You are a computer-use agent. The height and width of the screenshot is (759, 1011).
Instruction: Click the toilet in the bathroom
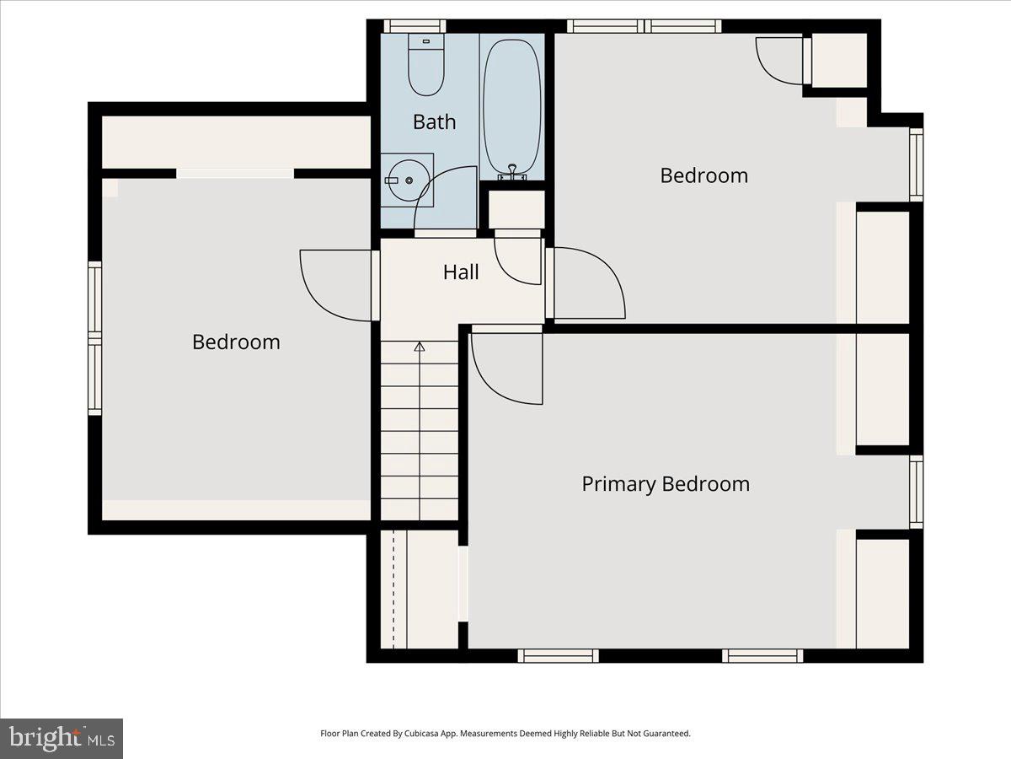[425, 66]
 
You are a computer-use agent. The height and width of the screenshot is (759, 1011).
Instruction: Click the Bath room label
[434, 122]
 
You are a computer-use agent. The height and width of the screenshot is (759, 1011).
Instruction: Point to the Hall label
[461, 272]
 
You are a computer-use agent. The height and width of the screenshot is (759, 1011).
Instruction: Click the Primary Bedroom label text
[665, 484]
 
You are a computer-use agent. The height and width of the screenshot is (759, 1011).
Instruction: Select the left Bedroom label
[236, 342]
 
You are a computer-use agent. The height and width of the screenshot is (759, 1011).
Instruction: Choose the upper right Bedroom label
[703, 175]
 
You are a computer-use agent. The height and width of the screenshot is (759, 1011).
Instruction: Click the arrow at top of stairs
[419, 346]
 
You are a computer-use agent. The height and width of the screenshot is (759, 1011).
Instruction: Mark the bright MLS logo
[62, 739]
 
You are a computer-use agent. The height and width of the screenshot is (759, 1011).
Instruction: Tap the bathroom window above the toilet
[414, 26]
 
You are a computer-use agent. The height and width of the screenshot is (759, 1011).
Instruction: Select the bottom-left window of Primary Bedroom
[558, 655]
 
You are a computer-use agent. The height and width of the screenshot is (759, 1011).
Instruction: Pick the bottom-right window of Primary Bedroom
[762, 655]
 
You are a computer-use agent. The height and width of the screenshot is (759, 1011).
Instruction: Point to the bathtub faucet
[511, 172]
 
